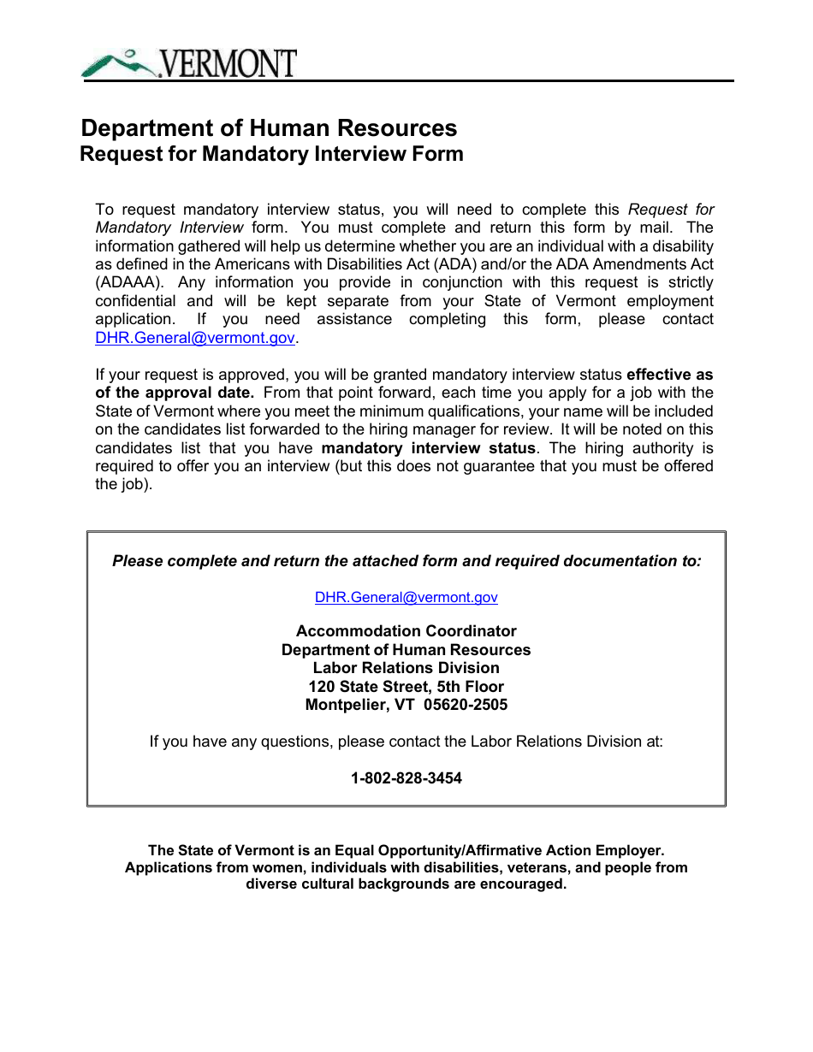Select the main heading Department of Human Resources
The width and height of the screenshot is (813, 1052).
(269, 128)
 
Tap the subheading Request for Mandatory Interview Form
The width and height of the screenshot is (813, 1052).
(271, 154)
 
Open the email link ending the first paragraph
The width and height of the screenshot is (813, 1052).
(195, 338)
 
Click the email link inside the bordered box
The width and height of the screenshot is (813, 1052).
(406, 598)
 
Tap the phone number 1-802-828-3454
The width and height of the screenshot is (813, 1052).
(406, 778)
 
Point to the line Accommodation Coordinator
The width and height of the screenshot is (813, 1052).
(406, 631)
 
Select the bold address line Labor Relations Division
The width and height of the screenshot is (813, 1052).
(406, 668)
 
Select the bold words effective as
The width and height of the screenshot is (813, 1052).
(669, 375)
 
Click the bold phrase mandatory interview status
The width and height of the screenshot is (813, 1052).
(429, 448)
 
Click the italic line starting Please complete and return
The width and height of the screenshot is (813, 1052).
(406, 561)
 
